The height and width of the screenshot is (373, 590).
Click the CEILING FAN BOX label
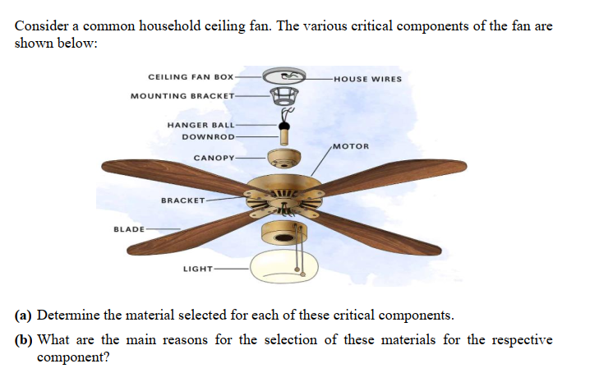(191, 76)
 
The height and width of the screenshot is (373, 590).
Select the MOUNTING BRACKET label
(182, 96)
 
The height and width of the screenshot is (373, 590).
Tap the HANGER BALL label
(201, 125)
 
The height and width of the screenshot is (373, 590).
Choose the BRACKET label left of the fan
(182, 200)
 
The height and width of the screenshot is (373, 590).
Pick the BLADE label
(128, 228)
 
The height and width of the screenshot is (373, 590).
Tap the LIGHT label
(197, 269)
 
